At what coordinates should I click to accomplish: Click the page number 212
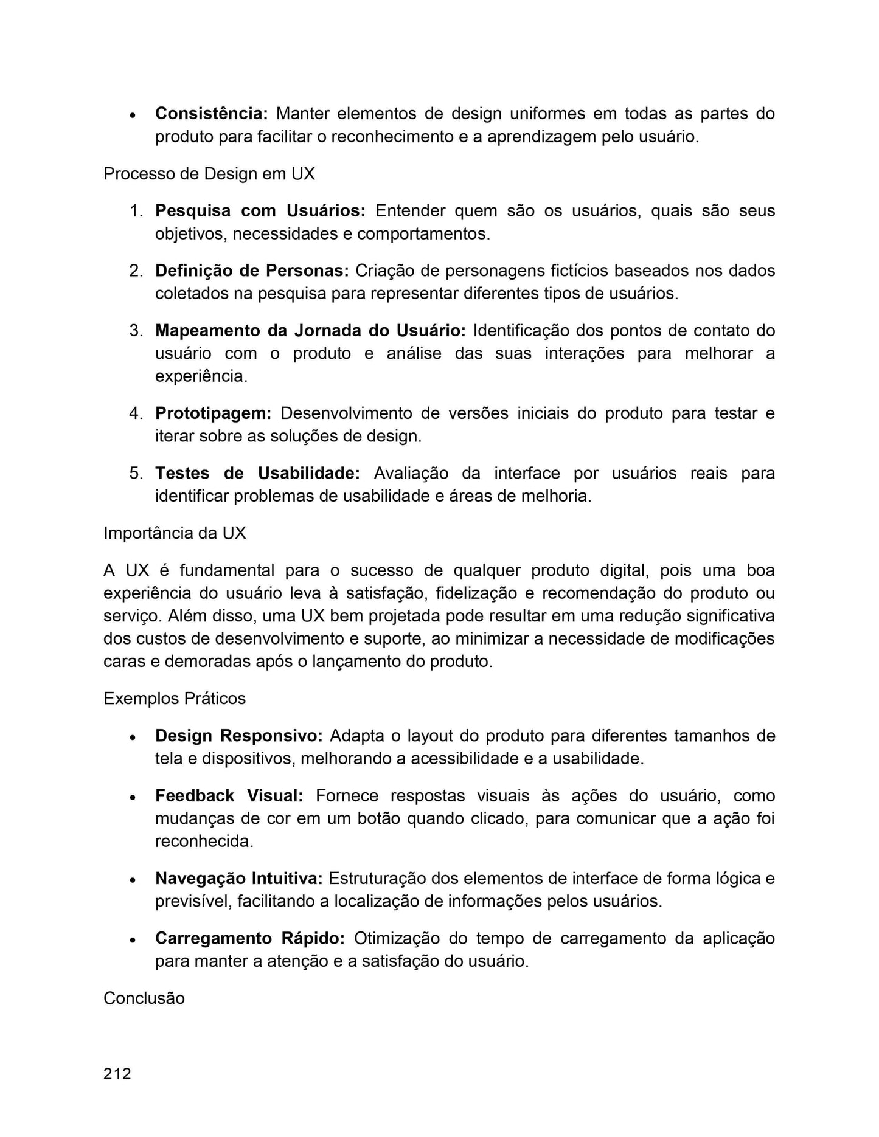click(117, 1073)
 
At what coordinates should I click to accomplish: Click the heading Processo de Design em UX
click(209, 174)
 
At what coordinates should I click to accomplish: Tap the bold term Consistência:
click(212, 114)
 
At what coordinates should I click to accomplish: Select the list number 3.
click(136, 331)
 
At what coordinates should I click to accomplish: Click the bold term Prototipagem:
click(214, 413)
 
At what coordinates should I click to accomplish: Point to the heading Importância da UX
click(175, 533)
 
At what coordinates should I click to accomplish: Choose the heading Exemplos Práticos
click(175, 699)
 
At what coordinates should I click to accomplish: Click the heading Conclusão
click(144, 998)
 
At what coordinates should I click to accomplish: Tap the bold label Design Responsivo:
click(239, 736)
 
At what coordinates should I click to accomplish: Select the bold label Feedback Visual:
click(229, 796)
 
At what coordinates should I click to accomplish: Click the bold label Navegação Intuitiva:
click(239, 879)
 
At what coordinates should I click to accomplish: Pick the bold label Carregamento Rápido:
click(250, 938)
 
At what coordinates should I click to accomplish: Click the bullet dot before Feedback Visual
click(132, 797)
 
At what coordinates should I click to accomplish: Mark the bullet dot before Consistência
click(132, 115)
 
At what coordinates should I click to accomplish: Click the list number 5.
click(136, 473)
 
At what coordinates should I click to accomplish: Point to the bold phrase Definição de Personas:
click(252, 271)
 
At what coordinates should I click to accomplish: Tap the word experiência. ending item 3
click(201, 376)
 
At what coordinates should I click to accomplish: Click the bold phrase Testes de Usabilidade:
click(258, 473)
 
